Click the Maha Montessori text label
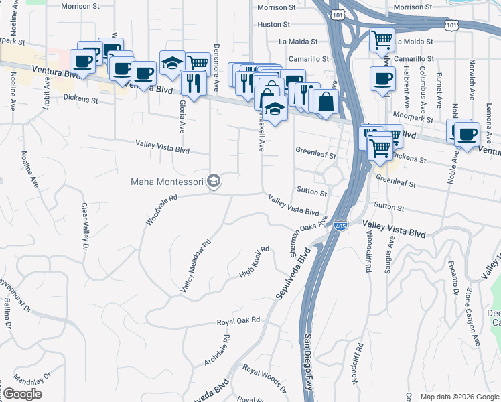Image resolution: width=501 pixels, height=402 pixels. point(167,181)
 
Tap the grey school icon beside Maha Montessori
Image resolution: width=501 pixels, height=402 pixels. point(214,181)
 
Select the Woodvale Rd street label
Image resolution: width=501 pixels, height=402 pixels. point(162,209)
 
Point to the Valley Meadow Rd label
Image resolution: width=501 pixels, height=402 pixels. point(196,266)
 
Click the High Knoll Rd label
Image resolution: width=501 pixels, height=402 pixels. point(255,263)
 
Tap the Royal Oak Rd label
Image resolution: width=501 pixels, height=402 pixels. point(238,322)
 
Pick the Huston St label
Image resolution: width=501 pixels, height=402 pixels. point(273,24)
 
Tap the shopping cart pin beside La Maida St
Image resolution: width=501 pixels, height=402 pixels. point(382,40)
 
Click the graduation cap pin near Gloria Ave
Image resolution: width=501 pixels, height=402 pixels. point(172,63)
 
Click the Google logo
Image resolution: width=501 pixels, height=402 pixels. point(22,394)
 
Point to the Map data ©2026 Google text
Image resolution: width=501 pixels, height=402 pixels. point(459,397)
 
